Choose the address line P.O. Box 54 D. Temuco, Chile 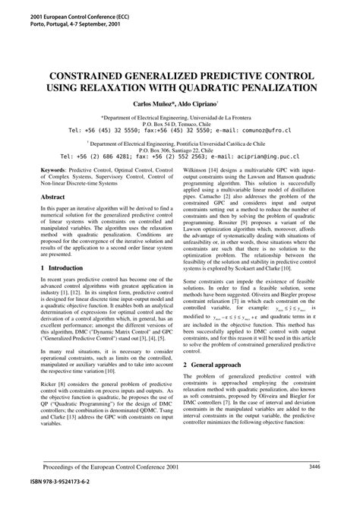(180, 124)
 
